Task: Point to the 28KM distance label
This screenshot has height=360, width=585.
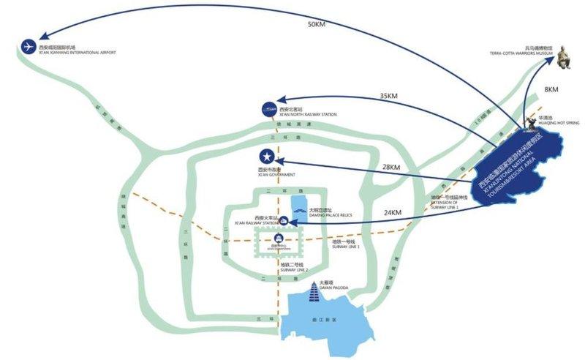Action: point(391,168)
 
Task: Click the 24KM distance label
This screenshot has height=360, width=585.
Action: point(393,213)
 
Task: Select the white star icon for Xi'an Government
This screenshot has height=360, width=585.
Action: point(268,157)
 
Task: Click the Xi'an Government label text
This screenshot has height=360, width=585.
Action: point(276,174)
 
